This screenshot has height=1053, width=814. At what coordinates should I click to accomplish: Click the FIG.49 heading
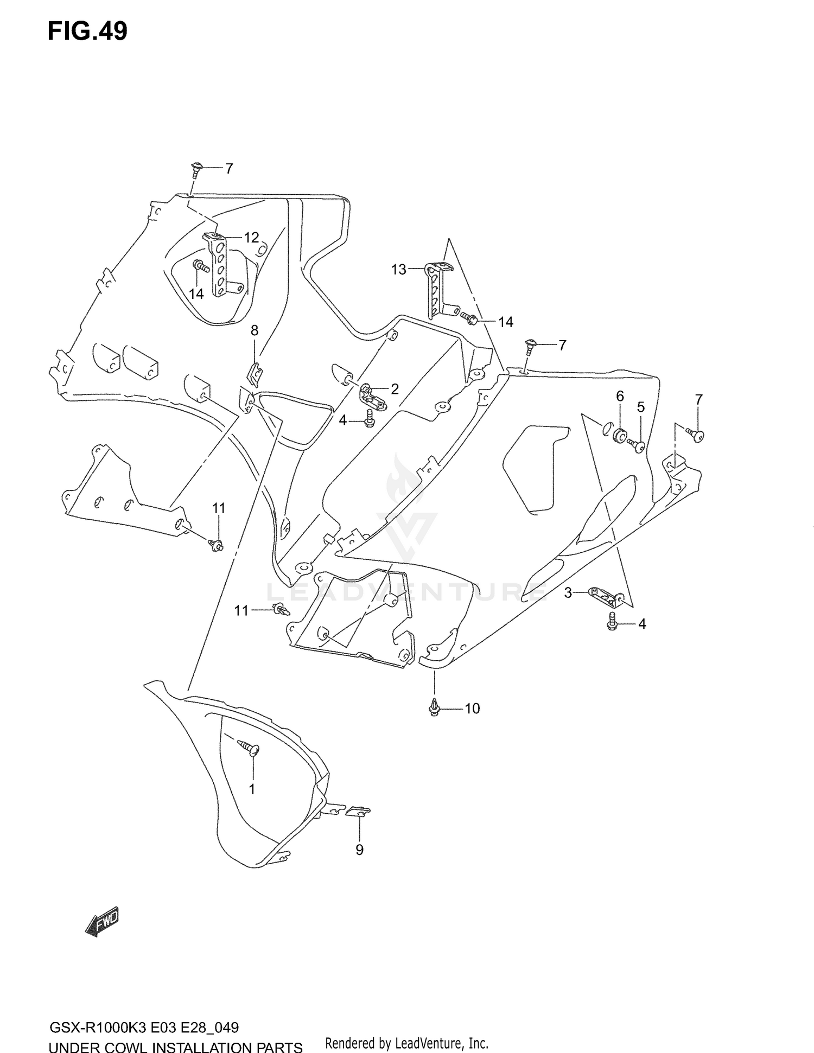[x=87, y=31]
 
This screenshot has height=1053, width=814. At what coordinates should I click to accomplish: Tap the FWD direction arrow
[x=102, y=922]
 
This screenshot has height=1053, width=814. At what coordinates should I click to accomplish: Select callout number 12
[x=251, y=238]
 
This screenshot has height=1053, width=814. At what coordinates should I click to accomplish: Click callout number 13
[x=399, y=270]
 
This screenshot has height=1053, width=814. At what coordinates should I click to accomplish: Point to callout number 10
[x=472, y=709]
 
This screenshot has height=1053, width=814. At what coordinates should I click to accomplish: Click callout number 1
[x=252, y=789]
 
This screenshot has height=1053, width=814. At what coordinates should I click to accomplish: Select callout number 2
[x=395, y=388]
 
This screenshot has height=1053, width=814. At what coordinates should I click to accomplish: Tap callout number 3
[x=568, y=593]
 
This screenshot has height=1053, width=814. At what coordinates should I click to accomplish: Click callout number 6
[x=620, y=396]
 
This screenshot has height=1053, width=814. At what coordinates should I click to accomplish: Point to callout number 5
[x=641, y=407]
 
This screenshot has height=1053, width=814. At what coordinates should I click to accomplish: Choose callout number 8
[x=255, y=330]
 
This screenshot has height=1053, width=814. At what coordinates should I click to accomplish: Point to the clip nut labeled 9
[x=358, y=812]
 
